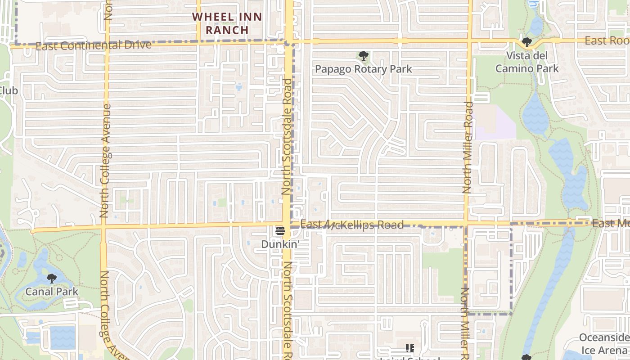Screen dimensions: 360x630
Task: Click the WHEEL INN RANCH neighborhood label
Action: pos(227,23)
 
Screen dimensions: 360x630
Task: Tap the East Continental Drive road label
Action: pos(94,45)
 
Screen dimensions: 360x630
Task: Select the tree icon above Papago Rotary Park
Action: pos(363,56)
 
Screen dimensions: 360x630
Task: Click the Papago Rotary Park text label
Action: pos(363,69)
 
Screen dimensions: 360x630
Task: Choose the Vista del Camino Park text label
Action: pos(526,62)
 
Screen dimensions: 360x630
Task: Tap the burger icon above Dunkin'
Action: pos(280,232)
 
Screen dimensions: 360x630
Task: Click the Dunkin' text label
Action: pos(280,244)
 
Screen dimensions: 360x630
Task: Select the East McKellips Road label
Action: pos(351,225)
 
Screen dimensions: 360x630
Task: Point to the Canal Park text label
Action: pos(52,292)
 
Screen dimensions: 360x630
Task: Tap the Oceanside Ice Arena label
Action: pos(604,344)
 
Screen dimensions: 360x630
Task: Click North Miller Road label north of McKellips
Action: pos(468,148)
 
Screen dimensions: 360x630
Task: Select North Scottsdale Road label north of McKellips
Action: pos(287,137)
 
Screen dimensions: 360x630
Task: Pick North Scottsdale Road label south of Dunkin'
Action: pos(287,310)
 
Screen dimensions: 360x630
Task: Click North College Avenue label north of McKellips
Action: pos(106,161)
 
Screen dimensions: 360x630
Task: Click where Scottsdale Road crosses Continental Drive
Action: pos(289,42)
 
